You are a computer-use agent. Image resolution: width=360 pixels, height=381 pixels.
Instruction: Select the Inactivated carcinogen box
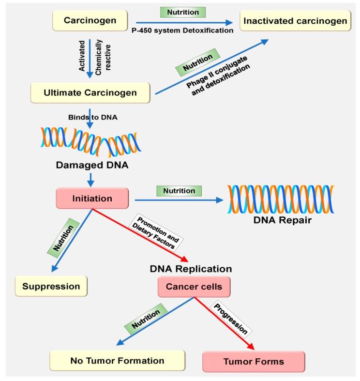coord(295,21)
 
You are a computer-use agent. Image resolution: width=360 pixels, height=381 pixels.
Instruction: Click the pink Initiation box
coord(92,198)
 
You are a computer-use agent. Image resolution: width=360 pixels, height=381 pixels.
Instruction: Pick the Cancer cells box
coord(194,287)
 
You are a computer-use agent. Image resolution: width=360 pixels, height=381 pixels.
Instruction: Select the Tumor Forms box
coord(253,362)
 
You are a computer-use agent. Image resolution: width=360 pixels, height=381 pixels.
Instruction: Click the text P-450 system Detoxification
coord(185,30)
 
